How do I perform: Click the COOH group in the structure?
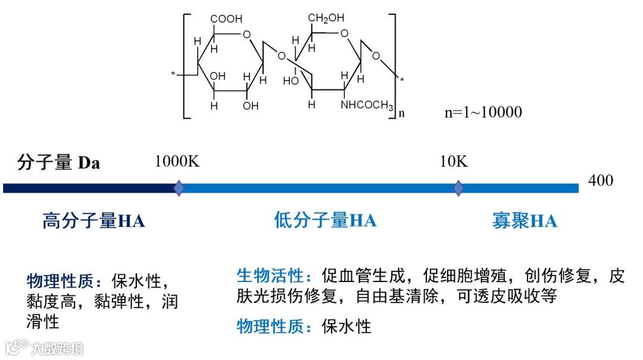[227, 19]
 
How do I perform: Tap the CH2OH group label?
[326, 18]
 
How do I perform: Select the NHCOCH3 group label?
[367, 106]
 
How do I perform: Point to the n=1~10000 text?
[483, 112]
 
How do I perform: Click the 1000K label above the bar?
[177, 161]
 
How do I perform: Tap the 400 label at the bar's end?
[600, 180]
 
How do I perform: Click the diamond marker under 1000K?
[179, 188]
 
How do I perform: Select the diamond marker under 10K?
[458, 188]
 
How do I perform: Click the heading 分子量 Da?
[58, 162]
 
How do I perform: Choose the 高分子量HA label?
[93, 221]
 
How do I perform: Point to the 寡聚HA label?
[525, 221]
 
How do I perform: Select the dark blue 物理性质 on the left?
[64, 280]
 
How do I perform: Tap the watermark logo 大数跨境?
[45, 347]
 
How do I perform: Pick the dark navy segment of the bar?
[89, 188]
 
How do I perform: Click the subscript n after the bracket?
[401, 113]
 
